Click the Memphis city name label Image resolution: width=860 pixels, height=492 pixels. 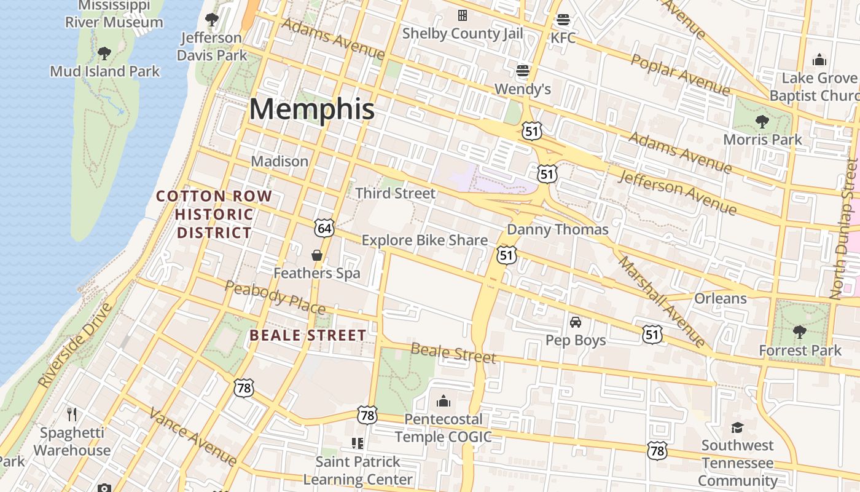311,109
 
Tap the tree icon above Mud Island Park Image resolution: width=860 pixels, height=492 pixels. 104,54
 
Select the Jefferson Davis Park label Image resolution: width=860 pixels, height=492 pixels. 212,46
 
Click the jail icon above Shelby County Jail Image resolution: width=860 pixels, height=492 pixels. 463,15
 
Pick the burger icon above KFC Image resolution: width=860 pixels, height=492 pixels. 563,20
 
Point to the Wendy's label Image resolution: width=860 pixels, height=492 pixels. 523,89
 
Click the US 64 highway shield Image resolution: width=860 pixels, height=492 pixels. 324,228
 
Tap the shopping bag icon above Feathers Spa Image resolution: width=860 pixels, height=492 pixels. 317,255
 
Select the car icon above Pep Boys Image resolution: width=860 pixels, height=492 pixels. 576,322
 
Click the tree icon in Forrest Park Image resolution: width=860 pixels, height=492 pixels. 800,332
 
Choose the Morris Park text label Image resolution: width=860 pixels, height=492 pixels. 762,139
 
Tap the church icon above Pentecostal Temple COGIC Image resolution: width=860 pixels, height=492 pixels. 444,402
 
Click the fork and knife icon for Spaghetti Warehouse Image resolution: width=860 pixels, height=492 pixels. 72,414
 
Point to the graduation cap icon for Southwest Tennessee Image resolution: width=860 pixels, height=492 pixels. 737,427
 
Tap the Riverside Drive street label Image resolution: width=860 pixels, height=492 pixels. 76,344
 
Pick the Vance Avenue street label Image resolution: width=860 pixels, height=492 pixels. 193,437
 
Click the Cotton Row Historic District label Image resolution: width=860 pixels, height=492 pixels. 214,214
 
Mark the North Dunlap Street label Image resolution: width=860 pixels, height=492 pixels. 845,229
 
